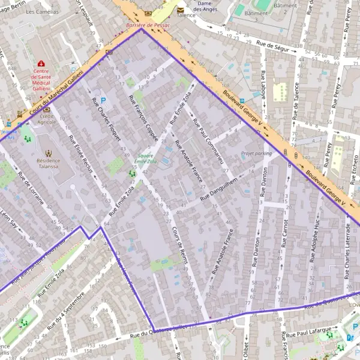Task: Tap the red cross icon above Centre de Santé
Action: (x=41, y=64)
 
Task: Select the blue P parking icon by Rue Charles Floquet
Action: (x=103, y=100)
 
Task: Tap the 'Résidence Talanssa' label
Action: (x=48, y=164)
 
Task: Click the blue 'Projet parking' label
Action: (x=256, y=154)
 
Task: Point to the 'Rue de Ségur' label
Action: (x=273, y=45)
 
